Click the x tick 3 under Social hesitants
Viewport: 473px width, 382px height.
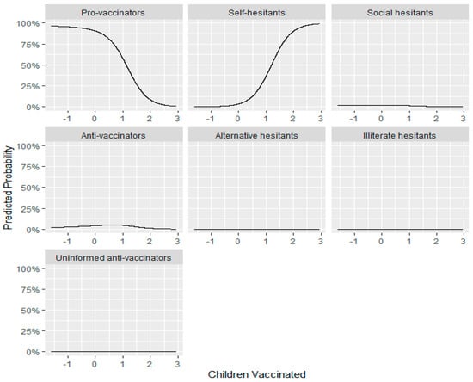tap(461, 118)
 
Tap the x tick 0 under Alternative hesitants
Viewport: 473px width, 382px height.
tap(237, 240)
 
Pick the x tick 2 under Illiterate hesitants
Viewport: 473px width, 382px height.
tap(434, 240)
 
